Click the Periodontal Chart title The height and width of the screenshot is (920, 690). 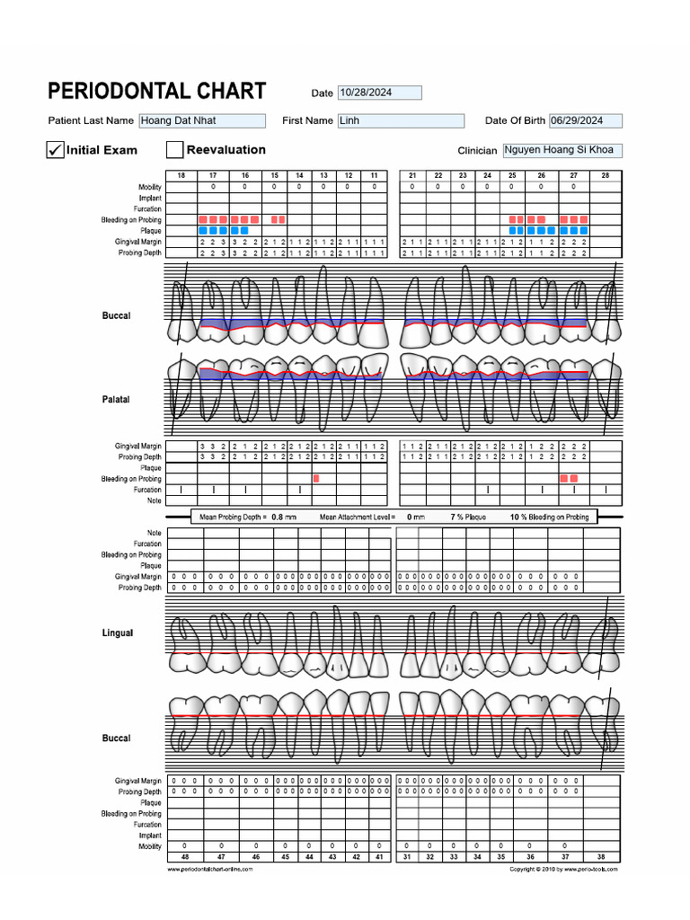(156, 91)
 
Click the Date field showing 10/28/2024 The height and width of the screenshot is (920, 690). (378, 93)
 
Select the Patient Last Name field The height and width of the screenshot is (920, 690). (201, 120)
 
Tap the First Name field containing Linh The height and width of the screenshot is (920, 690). (400, 120)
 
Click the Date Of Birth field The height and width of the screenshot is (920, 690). (585, 120)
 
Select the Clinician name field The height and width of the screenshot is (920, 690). (562, 150)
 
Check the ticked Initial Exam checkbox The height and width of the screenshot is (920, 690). (55, 150)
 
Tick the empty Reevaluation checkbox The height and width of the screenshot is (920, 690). (174, 150)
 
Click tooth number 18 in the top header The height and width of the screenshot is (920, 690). (181, 175)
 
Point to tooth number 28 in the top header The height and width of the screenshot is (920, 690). (606, 175)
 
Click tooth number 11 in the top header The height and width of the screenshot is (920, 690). (374, 175)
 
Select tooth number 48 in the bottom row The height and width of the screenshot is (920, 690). (184, 858)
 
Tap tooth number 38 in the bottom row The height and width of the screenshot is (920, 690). (602, 858)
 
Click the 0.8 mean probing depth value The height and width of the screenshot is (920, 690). (278, 517)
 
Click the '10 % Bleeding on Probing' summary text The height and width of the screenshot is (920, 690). (550, 517)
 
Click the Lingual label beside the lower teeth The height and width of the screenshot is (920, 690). (117, 633)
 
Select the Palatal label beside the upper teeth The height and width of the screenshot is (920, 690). (116, 399)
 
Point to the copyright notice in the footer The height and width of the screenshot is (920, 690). (563, 870)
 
